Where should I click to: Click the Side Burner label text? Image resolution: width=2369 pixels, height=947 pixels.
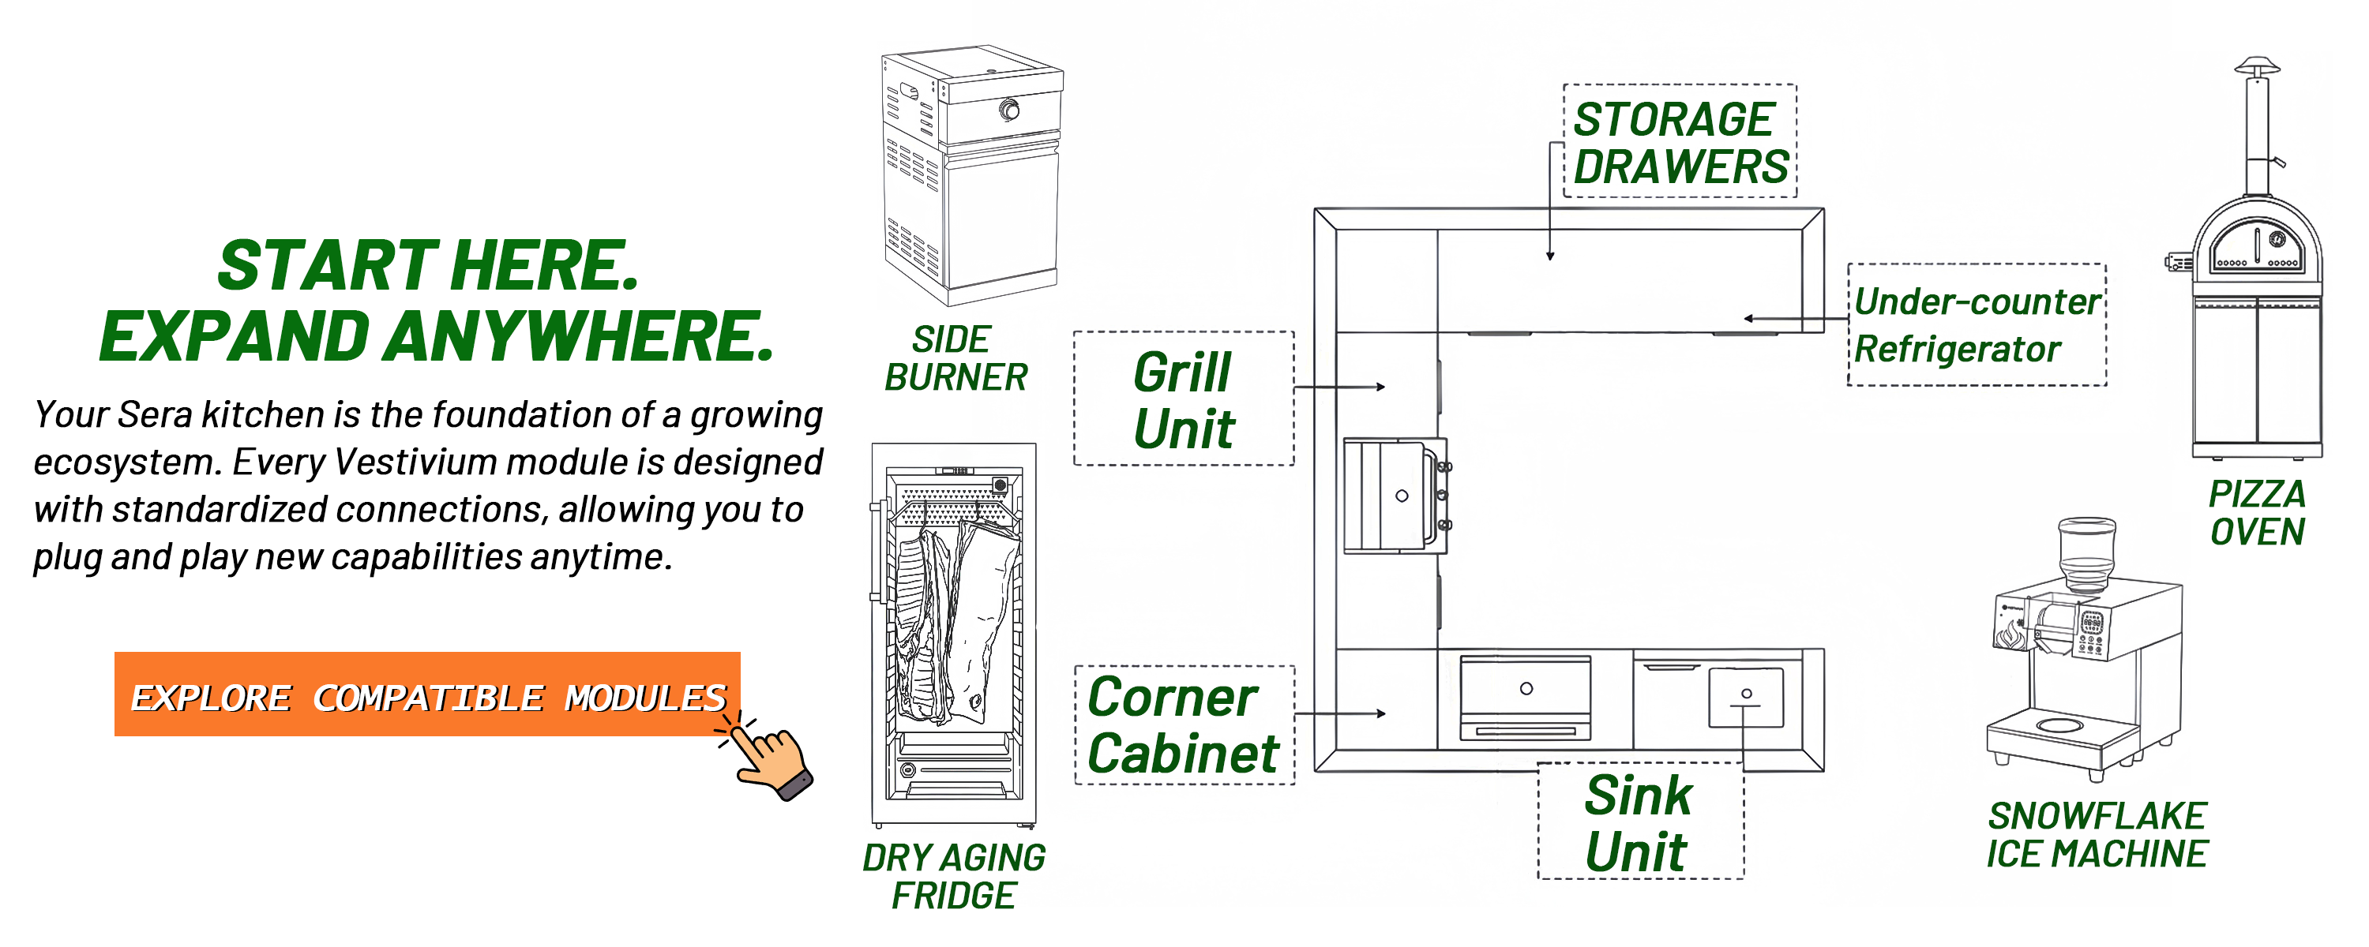coord(955,358)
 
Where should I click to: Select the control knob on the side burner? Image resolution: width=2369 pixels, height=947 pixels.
coord(1009,110)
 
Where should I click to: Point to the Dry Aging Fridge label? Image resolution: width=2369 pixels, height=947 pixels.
coord(954,875)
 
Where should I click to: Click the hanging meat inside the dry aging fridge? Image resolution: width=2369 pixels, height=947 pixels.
coord(956,616)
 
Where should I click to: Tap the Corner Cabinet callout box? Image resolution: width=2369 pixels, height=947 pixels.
coord(1184,725)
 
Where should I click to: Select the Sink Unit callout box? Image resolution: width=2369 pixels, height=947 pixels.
coord(1639,821)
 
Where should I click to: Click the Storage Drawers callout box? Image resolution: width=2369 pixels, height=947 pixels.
coord(1680,141)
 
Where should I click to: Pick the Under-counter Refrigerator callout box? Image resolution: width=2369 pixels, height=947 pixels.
coord(1977,324)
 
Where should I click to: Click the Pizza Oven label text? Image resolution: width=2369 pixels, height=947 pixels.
coord(2257,512)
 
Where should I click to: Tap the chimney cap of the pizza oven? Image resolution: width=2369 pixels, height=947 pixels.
coord(2257,66)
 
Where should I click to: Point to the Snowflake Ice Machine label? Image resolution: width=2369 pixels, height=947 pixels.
coord(2096,834)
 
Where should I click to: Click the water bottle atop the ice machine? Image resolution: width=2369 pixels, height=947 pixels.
coord(2086,550)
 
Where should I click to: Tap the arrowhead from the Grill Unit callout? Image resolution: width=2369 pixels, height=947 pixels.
coord(1380,387)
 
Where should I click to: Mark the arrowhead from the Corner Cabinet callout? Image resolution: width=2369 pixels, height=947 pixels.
coord(1380,713)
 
